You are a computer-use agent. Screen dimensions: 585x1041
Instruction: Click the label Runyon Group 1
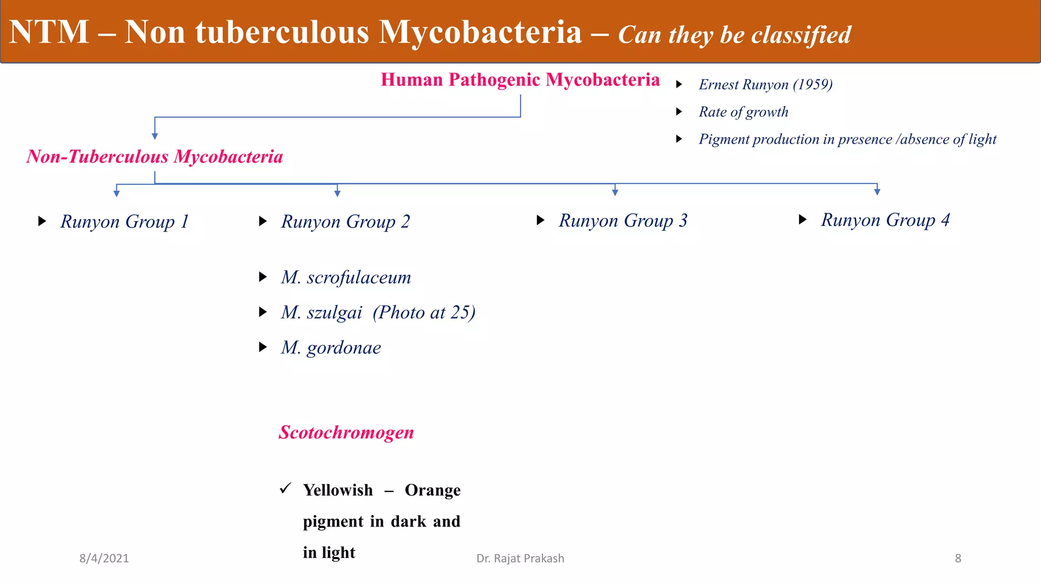coord(125,221)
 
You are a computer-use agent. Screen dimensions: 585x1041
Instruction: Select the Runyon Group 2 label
coord(345,221)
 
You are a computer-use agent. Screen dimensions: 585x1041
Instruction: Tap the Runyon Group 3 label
coord(623,220)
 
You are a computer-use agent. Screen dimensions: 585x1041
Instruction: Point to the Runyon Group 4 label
coord(885,220)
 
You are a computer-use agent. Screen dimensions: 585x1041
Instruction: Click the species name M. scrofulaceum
coord(346,277)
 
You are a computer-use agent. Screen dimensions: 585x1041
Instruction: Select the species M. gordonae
coord(331,347)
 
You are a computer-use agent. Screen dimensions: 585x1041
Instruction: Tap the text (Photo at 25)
coord(424,312)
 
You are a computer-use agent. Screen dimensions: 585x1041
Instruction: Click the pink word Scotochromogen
coord(346,432)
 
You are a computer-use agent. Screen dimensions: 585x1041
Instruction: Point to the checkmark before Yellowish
coord(285,489)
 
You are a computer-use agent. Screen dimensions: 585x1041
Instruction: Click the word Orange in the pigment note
coord(433,490)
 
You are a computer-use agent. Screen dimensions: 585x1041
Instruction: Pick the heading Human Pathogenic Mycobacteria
coord(520,80)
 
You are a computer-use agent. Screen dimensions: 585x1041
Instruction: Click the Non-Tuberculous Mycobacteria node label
coord(155,156)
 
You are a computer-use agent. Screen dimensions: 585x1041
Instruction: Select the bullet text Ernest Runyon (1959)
coord(766,84)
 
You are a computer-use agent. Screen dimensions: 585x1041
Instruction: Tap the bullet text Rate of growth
coord(743,112)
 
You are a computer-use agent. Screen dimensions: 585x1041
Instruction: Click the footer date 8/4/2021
coord(104,558)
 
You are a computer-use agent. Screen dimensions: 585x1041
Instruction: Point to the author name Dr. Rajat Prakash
coord(520,558)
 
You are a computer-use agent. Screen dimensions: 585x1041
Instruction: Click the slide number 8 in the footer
coord(958,558)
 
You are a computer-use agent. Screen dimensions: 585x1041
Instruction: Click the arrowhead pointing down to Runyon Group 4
coord(877,191)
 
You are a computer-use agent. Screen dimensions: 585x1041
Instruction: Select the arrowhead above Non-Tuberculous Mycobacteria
coord(155,136)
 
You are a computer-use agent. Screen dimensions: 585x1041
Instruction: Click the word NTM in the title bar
coord(49,32)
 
